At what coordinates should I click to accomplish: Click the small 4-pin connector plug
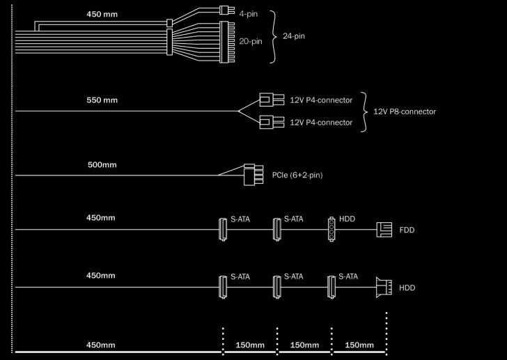pos(224,10)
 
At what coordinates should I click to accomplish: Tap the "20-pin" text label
pos(250,41)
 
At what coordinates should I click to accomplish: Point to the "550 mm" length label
pos(102,100)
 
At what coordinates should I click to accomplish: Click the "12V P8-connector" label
pos(405,111)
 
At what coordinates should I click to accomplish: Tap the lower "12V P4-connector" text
pos(320,123)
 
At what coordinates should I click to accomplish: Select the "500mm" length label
pos(102,165)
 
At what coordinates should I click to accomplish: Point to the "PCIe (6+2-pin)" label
pos(297,175)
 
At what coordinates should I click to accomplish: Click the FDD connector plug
pos(384,228)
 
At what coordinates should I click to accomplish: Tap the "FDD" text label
pos(407,229)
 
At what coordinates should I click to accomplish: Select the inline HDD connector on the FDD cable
pos(331,228)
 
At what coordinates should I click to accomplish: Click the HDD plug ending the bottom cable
pos(382,286)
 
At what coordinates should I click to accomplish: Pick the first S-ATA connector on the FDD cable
pos(223,228)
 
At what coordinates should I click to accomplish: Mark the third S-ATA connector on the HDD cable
pos(331,285)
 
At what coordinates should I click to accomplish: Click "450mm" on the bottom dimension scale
pos(101,345)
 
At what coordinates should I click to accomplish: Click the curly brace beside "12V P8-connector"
pos(364,111)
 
